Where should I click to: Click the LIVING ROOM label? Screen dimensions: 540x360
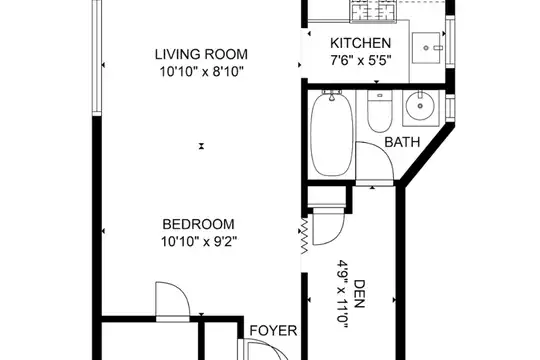pos(201,54)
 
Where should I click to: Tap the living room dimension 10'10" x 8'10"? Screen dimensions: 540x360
pos(201,72)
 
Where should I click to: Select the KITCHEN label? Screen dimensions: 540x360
pos(361,43)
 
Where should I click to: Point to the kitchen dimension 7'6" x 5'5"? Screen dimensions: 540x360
pos(361,61)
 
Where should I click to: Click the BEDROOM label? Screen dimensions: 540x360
pos(198,224)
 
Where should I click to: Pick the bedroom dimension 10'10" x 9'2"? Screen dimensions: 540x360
pos(199,242)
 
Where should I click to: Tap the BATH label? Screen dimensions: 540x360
pos(402,142)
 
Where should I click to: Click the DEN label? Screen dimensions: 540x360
pos(359,294)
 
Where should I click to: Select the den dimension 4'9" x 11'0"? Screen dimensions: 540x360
pos(343,296)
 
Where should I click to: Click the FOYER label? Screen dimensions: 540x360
pos(273,330)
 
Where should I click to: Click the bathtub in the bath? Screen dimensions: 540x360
pos(332,133)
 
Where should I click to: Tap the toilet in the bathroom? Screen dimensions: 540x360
pos(380,111)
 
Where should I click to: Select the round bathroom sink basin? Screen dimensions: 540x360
pos(420,105)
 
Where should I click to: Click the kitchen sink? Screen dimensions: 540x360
pos(427,48)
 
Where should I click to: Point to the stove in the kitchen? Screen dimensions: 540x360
pos(373,11)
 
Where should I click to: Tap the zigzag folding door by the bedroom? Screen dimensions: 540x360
pos(305,235)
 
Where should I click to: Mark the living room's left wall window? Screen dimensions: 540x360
pos(97,57)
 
